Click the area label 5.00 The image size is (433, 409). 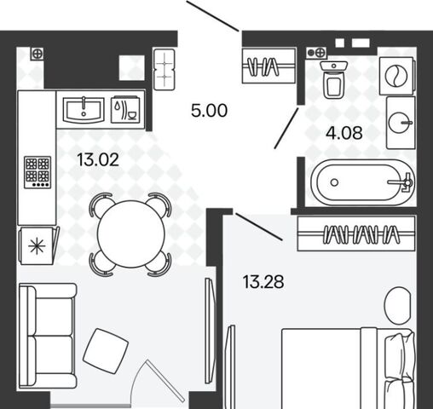click(x=209, y=111)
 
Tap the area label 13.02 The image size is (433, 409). click(x=98, y=159)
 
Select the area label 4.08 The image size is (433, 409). click(x=344, y=133)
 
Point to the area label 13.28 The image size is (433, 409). click(x=263, y=282)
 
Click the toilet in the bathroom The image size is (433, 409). click(x=334, y=79)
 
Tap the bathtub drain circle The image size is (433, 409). click(x=334, y=182)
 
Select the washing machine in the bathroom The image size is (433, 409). click(x=396, y=76)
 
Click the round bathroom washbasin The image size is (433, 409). click(x=400, y=123)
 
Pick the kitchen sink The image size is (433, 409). click(x=84, y=110)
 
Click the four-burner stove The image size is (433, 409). click(x=38, y=172)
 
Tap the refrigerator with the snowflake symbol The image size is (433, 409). click(x=38, y=245)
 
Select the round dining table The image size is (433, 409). click(x=131, y=233)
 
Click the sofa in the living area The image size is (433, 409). click(x=48, y=336)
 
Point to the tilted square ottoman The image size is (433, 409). click(x=106, y=351)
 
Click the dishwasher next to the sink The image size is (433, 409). click(x=125, y=110)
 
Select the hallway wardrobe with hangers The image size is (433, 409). click(x=268, y=66)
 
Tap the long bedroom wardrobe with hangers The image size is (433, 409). click(x=356, y=233)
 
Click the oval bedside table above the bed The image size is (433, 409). click(x=397, y=305)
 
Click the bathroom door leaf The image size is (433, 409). click(x=286, y=128)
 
